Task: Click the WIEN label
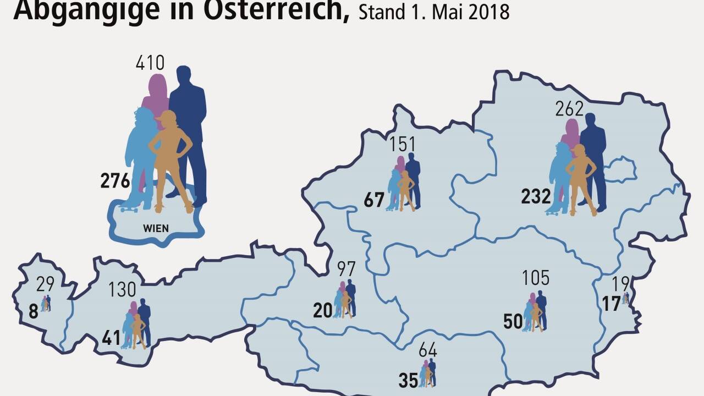click(156, 228)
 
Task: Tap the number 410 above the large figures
click(150, 63)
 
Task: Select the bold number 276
click(115, 181)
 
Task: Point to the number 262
click(569, 109)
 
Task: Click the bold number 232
click(536, 196)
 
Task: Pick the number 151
click(402, 145)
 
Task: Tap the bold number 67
click(374, 200)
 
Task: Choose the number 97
click(346, 269)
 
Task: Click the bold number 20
click(323, 311)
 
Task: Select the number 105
click(535, 278)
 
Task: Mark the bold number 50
click(513, 322)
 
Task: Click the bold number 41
click(111, 338)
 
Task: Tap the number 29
click(46, 285)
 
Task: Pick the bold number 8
click(33, 312)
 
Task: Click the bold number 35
click(408, 381)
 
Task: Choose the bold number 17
click(611, 303)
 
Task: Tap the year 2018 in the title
click(488, 12)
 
